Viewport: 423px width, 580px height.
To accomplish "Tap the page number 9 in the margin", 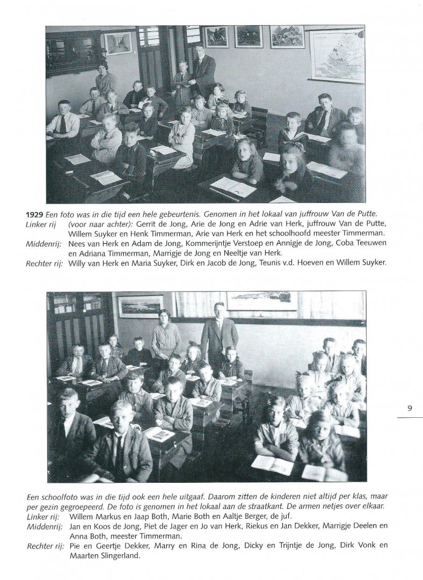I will coord(410,408).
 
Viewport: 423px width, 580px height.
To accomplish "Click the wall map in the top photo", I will coord(336,56).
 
